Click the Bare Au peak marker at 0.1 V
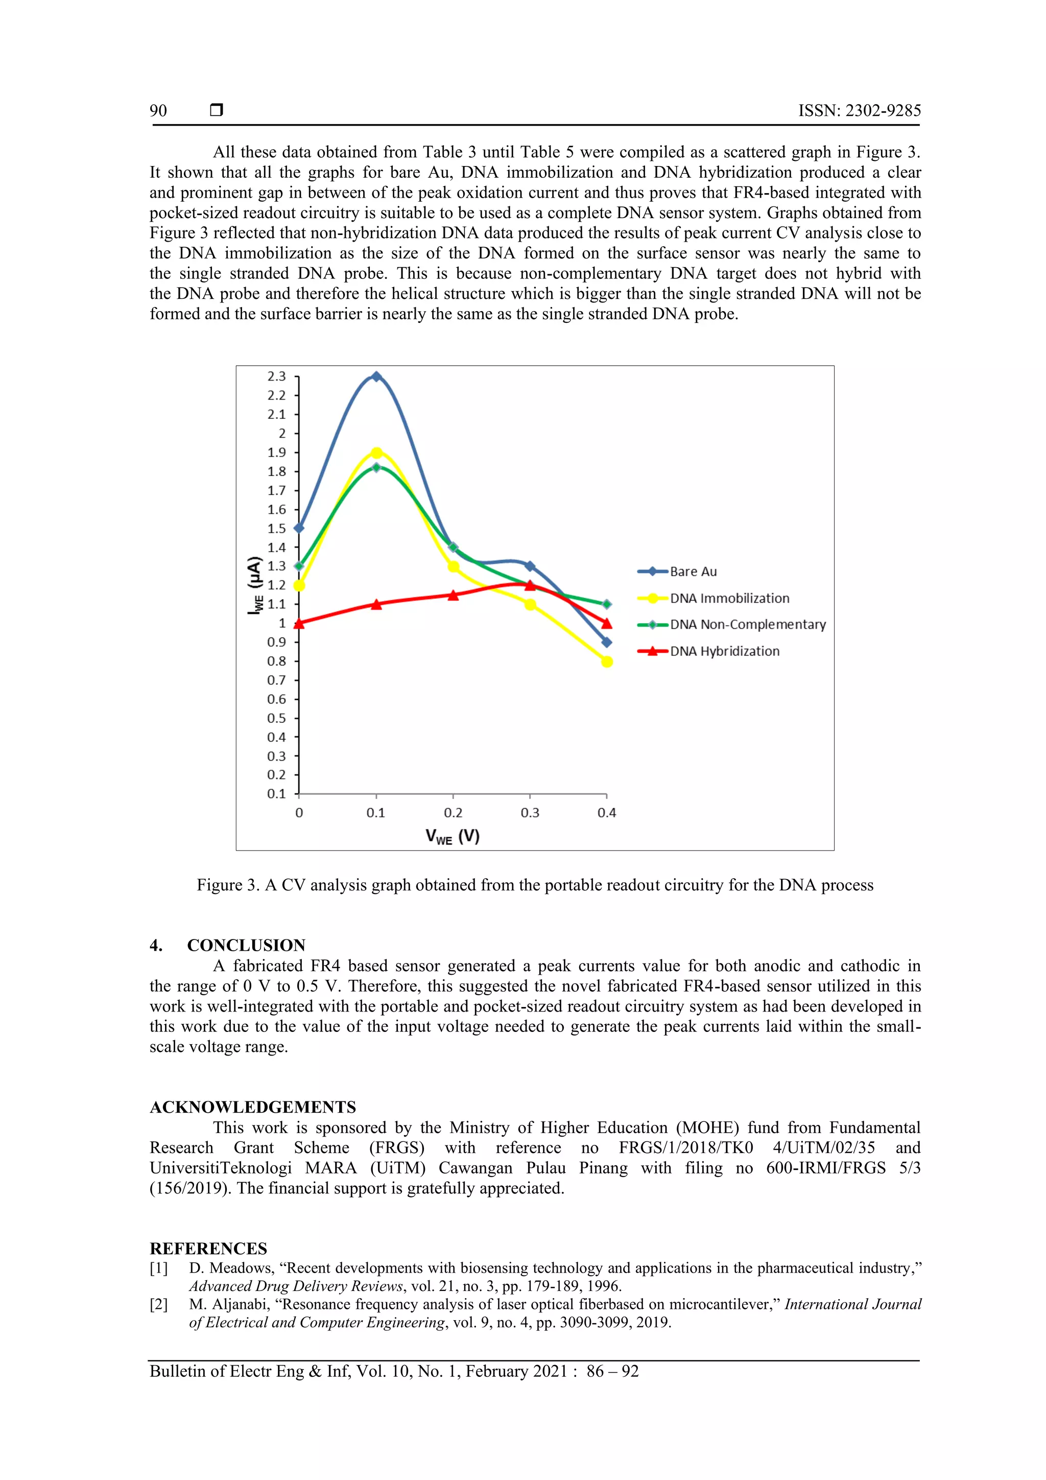tap(376, 377)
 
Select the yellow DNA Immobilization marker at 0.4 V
tap(606, 662)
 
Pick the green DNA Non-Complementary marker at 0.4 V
tap(606, 604)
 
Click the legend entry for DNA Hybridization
tap(724, 651)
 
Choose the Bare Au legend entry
tap(693, 571)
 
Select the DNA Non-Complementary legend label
tap(748, 624)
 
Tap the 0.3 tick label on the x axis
tap(530, 813)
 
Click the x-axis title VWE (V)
tap(453, 837)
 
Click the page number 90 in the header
tap(158, 111)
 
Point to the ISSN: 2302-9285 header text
tap(859, 111)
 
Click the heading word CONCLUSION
tap(246, 945)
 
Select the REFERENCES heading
tap(208, 1249)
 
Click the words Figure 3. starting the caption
tap(228, 885)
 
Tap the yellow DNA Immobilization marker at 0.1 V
tap(376, 453)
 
